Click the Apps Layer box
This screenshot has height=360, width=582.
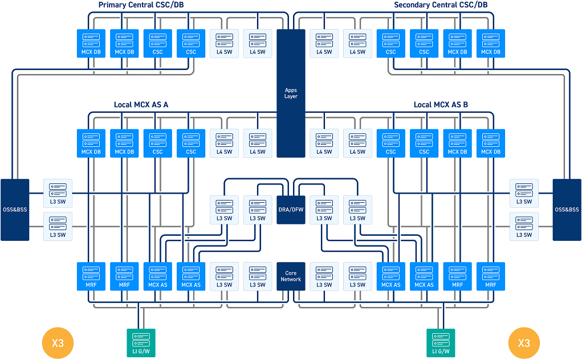point(291,93)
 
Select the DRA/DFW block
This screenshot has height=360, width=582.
point(291,210)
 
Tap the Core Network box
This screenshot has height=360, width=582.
point(291,276)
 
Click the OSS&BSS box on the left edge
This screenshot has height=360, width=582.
point(15,210)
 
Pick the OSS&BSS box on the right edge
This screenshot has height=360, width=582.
point(567,210)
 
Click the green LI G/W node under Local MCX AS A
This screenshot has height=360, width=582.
point(141,343)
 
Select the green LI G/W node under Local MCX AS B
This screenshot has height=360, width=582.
point(441,343)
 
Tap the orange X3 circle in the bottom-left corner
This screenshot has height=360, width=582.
point(58,343)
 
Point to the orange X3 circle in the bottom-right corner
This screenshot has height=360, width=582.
point(524,343)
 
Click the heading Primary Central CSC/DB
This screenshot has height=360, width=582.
point(141,5)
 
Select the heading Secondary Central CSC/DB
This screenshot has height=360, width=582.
point(441,5)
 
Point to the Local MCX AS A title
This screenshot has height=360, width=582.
point(141,105)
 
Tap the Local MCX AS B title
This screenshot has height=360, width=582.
point(441,105)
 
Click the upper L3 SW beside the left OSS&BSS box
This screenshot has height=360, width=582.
point(58,193)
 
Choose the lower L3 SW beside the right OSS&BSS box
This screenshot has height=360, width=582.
point(524,227)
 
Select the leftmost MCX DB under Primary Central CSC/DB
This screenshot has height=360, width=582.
point(91,43)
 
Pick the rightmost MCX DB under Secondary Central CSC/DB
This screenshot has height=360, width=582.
point(491,43)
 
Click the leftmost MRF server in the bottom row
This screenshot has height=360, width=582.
point(91,276)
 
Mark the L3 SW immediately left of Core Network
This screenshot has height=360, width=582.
point(258,276)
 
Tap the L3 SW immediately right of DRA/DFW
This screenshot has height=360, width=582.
point(324,210)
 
